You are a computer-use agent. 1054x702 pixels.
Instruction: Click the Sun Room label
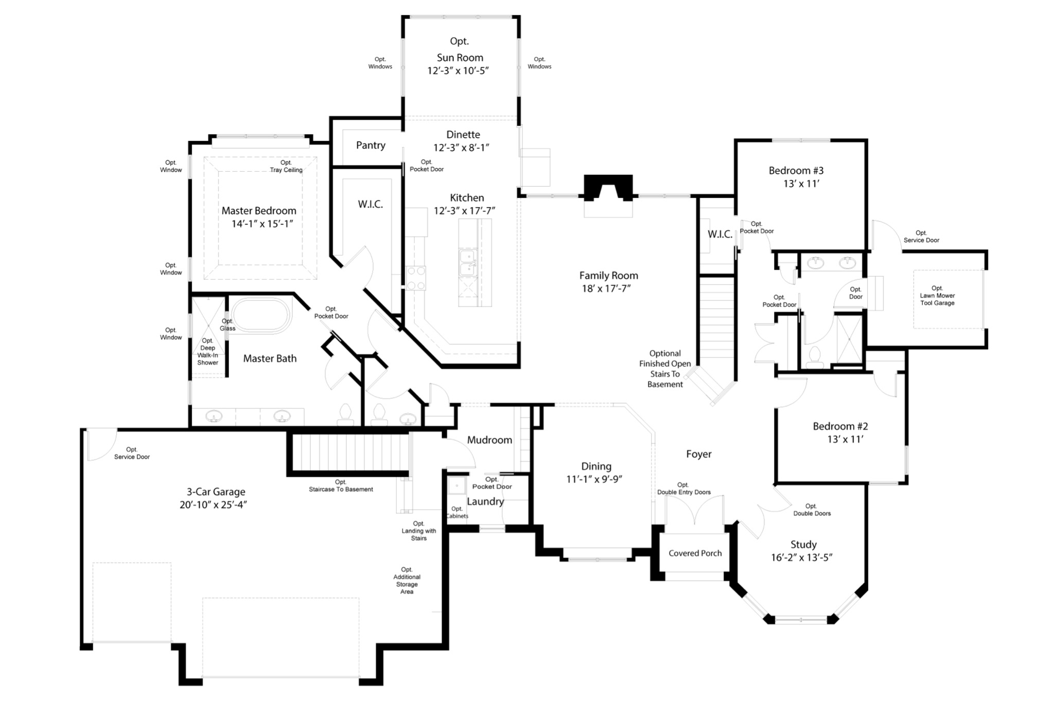tap(460, 58)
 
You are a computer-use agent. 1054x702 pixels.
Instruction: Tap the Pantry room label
tap(371, 146)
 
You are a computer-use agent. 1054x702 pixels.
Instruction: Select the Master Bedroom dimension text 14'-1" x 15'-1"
tap(262, 224)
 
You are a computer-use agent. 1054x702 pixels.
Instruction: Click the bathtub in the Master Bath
tap(260, 315)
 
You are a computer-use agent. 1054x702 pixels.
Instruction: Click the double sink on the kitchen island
tap(468, 263)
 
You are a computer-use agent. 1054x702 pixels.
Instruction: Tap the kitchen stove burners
tap(415, 278)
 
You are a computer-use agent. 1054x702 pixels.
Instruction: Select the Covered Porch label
tap(695, 553)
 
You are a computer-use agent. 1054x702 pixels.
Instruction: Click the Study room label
tap(803, 545)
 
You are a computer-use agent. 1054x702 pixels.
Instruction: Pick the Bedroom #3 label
tap(796, 171)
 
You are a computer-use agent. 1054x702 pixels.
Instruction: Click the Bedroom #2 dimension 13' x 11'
tap(845, 440)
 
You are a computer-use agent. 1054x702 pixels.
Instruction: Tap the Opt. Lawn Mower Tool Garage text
tap(937, 296)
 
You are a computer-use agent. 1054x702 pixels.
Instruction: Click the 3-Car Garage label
tap(216, 492)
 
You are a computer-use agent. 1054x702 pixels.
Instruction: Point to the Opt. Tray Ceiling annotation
tap(286, 166)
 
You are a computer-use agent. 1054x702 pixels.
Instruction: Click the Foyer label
tap(698, 454)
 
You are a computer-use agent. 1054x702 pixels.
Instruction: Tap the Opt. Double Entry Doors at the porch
tap(695, 511)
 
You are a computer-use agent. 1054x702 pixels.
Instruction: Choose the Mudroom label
tap(489, 440)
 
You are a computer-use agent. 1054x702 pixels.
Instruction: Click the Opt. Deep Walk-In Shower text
tap(207, 352)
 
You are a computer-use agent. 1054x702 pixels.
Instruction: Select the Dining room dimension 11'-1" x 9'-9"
tap(596, 479)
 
